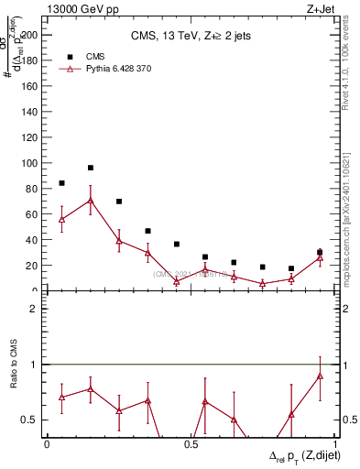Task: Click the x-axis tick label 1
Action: [335, 444]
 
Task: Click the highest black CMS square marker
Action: [91, 168]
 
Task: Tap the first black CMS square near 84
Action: [61, 183]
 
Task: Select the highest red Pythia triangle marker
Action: [91, 200]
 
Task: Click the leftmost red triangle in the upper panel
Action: [61, 220]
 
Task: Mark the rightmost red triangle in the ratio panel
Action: [320, 376]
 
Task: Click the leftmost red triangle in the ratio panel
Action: [61, 398]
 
